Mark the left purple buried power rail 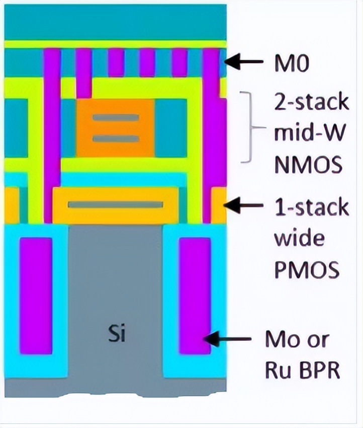[x=36, y=295]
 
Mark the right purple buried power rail [x=195, y=295]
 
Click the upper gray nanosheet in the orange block [x=115, y=117]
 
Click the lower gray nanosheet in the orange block [x=115, y=138]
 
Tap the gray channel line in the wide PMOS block [x=116, y=205]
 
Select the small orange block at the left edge [x=11, y=205]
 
